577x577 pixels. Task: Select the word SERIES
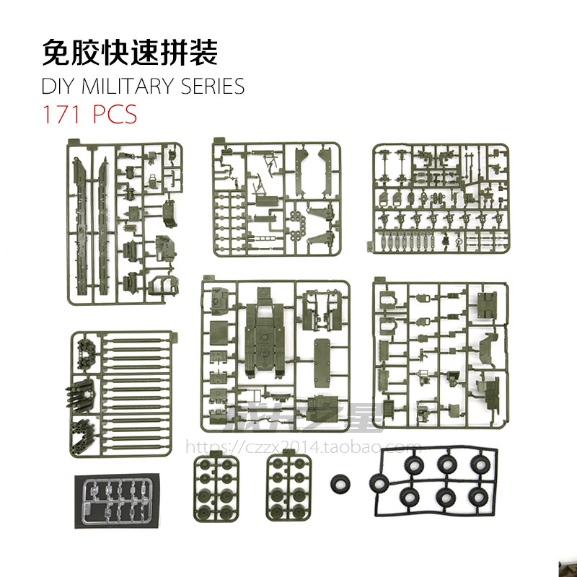click(212, 87)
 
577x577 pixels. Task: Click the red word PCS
click(116, 115)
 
